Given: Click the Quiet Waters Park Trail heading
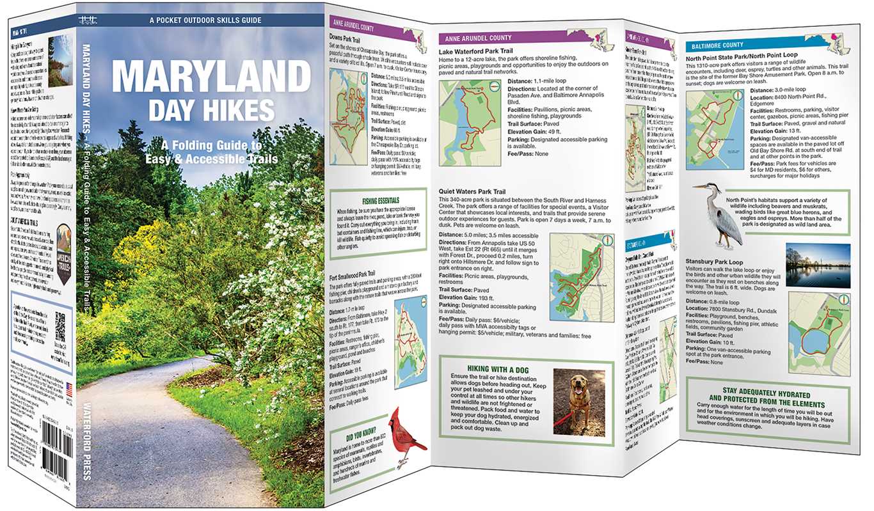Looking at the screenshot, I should [x=472, y=191].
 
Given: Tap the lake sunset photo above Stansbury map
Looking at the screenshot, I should [x=818, y=265].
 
